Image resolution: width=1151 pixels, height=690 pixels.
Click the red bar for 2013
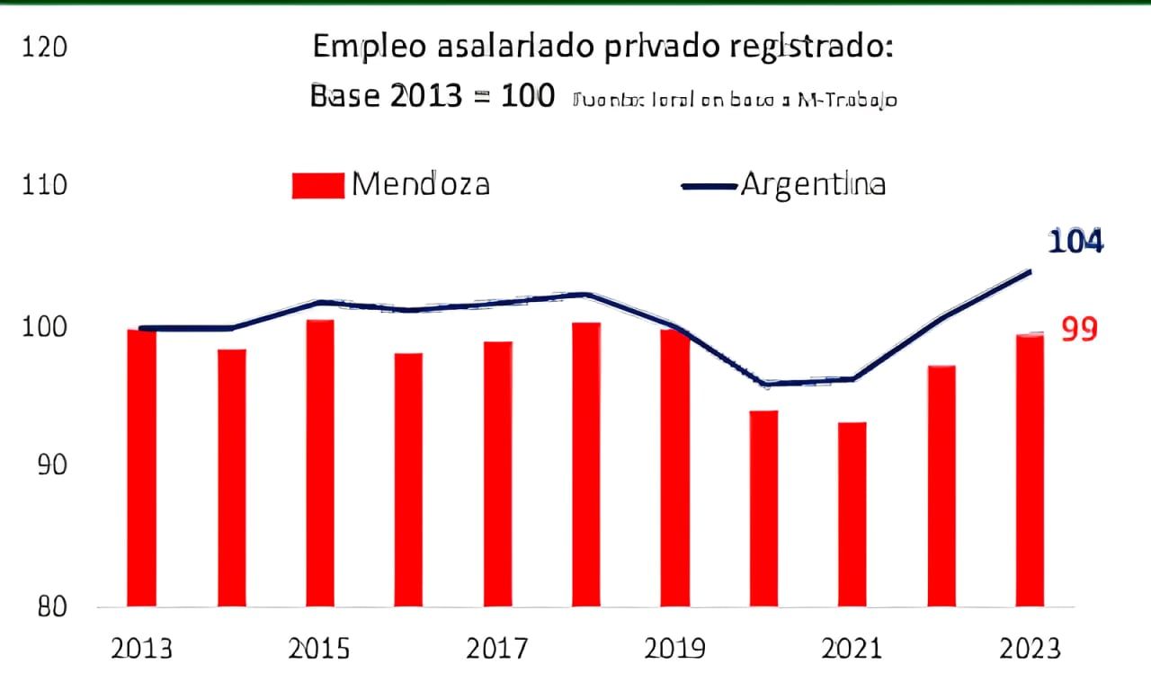(x=141, y=467)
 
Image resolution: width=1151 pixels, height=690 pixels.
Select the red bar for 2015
(x=319, y=463)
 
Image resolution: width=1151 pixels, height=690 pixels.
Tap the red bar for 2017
(x=497, y=473)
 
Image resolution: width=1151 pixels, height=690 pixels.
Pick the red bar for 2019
(x=674, y=467)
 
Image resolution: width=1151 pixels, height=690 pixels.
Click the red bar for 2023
(x=1030, y=470)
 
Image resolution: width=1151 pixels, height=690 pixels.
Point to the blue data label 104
(x=1075, y=242)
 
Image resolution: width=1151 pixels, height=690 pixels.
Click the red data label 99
(x=1079, y=330)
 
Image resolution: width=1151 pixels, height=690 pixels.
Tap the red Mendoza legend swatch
(x=318, y=185)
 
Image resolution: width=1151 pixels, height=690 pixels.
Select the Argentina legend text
(x=813, y=184)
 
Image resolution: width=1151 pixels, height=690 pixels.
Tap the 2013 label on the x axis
(x=141, y=649)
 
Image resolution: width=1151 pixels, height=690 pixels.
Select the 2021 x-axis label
(x=852, y=649)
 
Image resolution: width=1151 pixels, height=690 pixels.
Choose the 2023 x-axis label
(x=1030, y=649)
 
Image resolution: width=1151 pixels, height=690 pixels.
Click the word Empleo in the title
(x=365, y=49)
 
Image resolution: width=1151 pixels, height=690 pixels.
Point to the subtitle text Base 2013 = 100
(x=432, y=97)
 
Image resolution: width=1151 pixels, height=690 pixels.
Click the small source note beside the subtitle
(x=733, y=101)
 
